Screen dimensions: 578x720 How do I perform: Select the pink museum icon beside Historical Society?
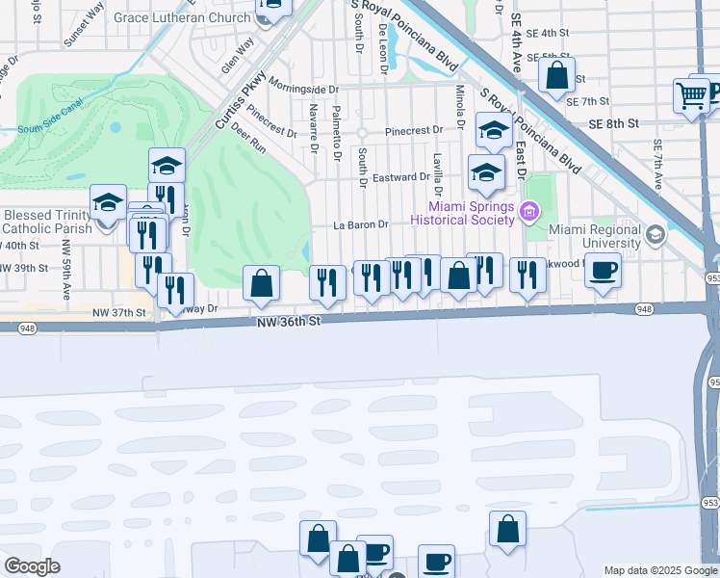tap(528, 212)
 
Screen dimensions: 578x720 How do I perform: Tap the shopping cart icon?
tap(692, 95)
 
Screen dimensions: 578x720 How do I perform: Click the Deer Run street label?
tap(247, 144)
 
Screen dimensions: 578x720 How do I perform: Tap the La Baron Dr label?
tap(360, 224)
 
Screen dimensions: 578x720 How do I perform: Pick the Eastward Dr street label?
tap(400, 177)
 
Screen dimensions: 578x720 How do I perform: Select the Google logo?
tap(32, 565)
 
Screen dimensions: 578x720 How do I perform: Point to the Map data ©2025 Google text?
tap(659, 570)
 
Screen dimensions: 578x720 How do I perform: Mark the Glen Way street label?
tap(237, 54)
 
